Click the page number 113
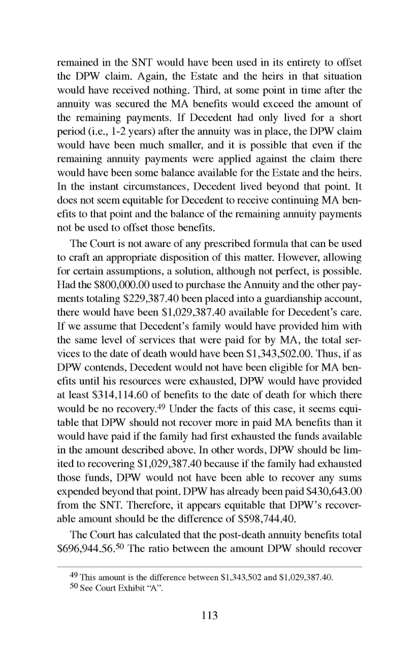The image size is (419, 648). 209,615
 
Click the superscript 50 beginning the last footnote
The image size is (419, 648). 74,587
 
